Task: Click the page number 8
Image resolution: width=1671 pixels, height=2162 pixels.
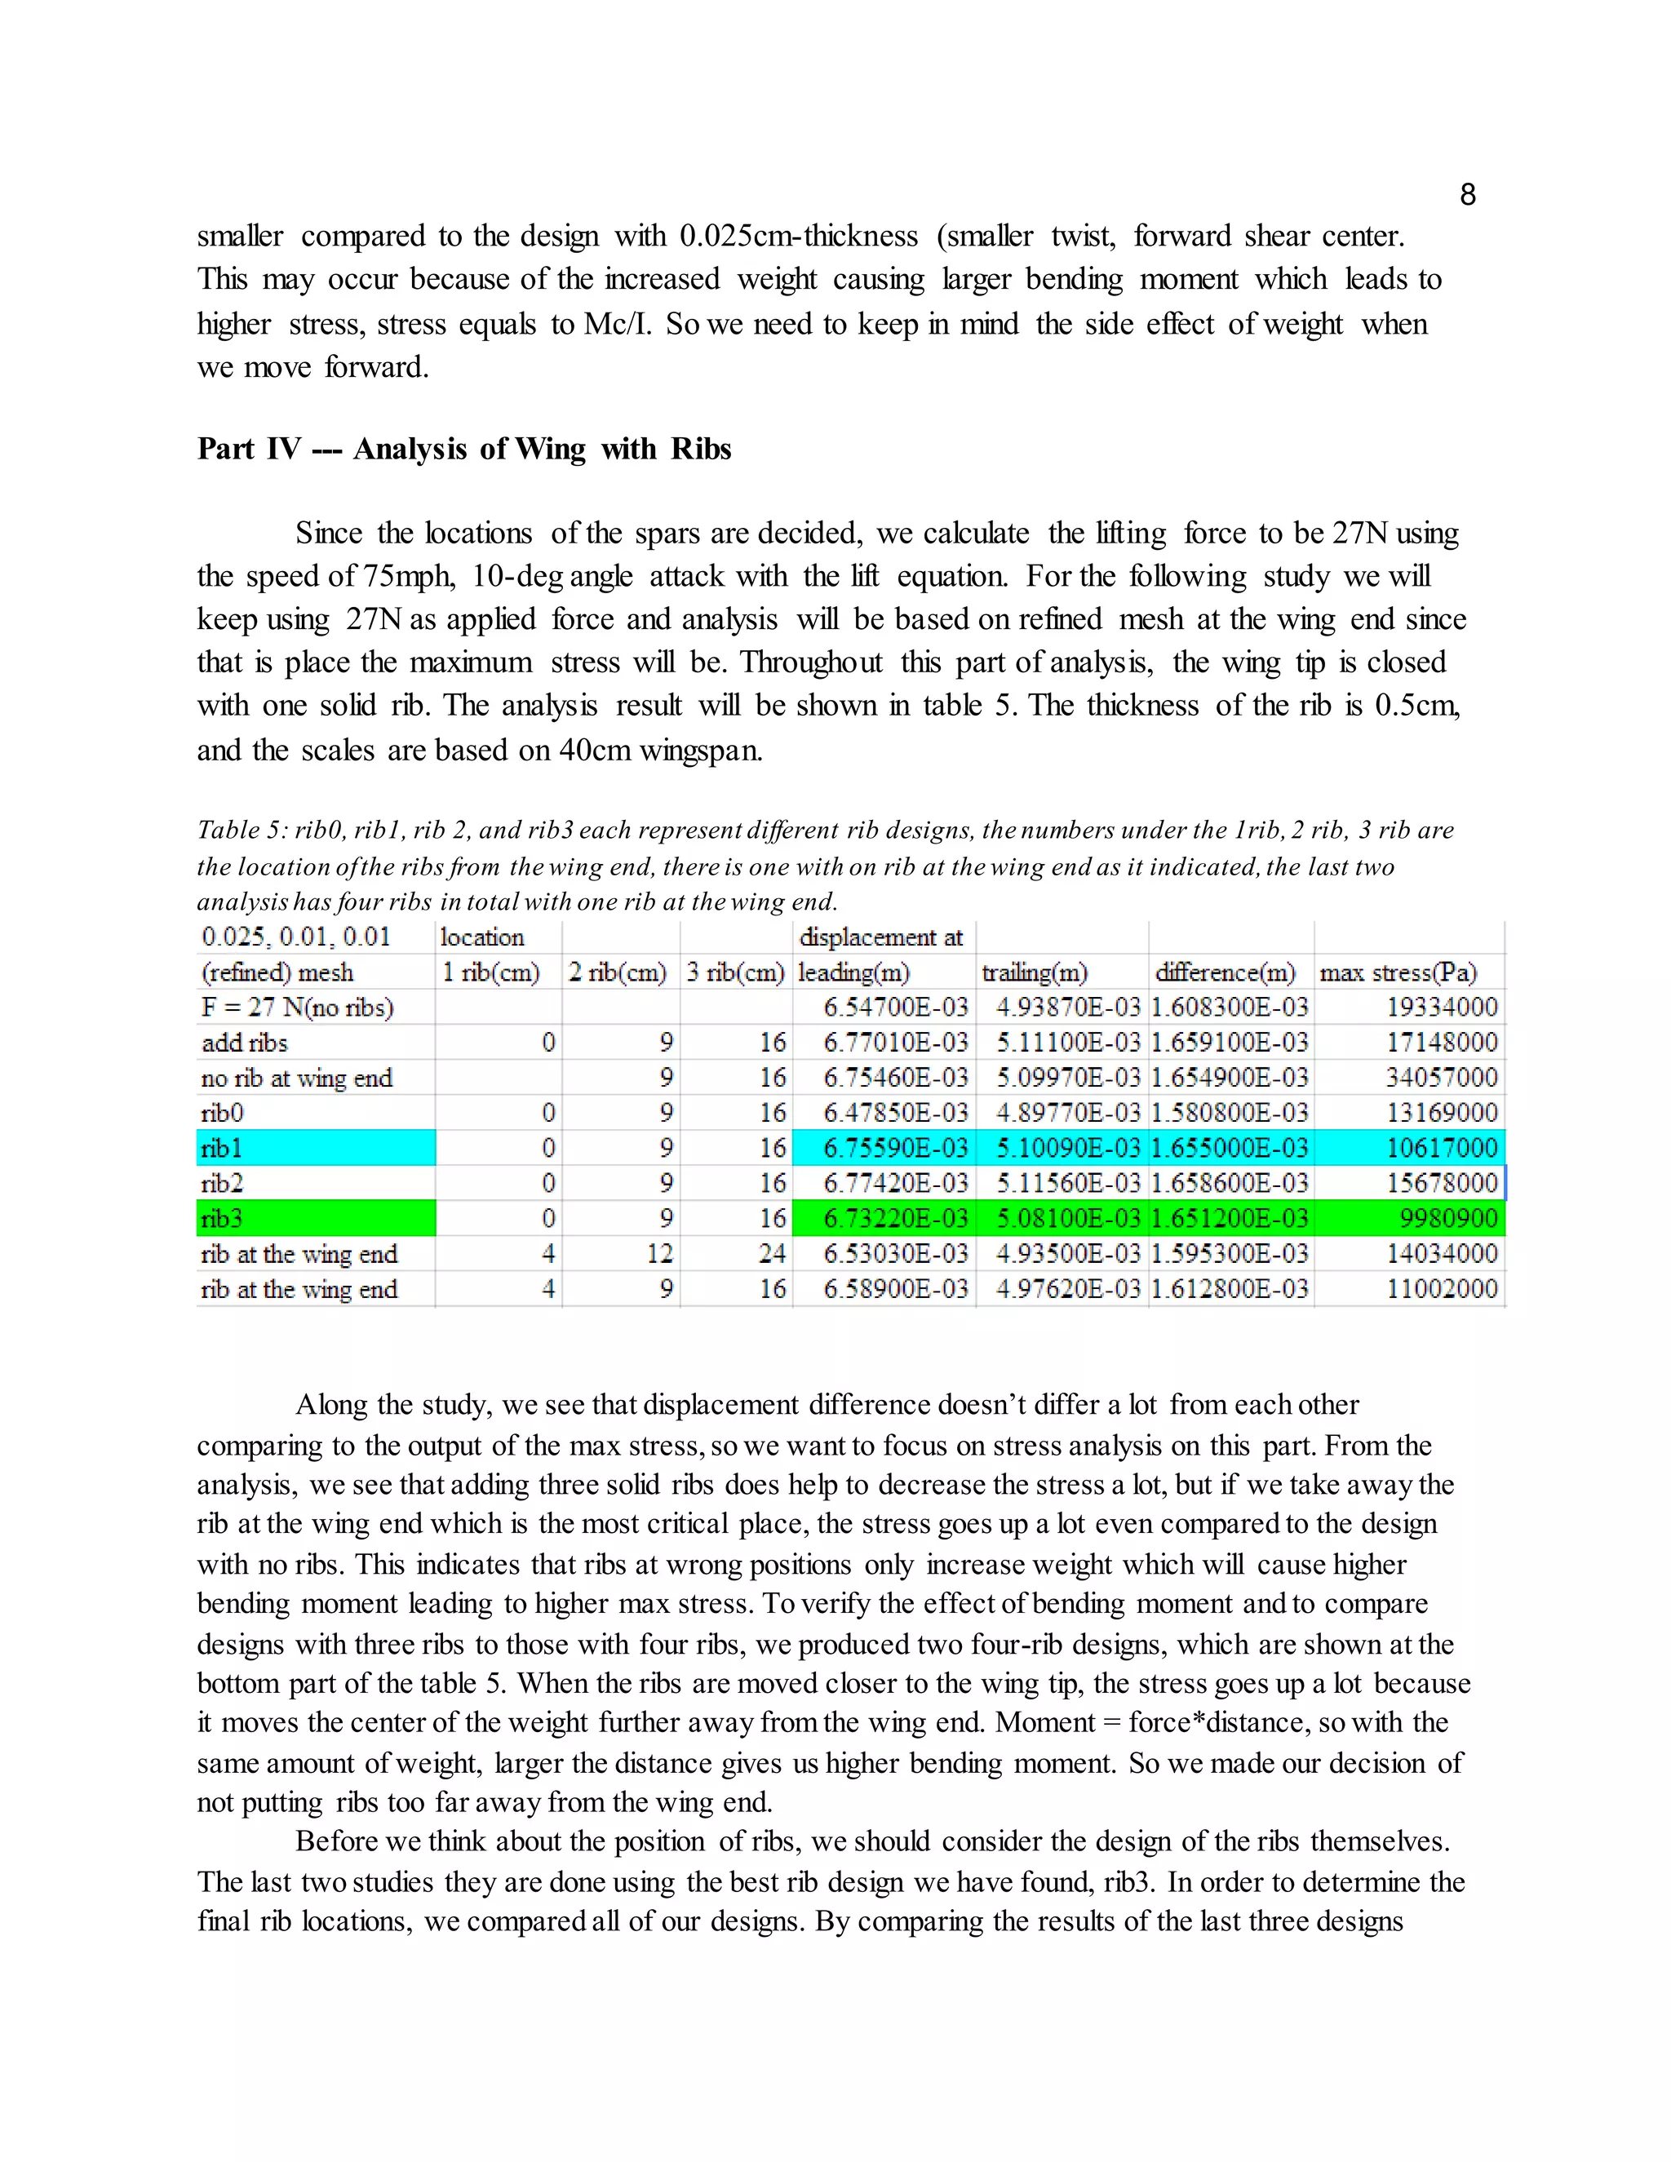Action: pos(1467,195)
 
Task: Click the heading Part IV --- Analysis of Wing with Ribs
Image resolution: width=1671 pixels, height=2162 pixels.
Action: pos(463,449)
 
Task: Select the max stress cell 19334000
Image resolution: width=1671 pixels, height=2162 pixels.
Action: pos(1442,1007)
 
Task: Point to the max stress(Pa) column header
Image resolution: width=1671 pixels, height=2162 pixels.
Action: pos(1398,972)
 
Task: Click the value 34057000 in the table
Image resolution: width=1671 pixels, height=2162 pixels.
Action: pos(1442,1077)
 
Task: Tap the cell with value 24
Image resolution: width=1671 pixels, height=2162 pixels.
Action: pos(771,1253)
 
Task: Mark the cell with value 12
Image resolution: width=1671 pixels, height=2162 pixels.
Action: pos(659,1253)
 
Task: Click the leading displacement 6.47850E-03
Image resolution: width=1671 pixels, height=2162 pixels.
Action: pos(895,1113)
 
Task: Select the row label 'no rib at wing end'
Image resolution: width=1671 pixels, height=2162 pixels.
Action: pos(296,1077)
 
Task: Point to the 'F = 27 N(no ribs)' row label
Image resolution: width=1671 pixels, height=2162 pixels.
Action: pos(297,1007)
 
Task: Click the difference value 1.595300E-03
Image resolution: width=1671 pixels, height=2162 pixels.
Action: pos(1229,1253)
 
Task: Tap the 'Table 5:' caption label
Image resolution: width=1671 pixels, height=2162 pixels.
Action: pos(242,830)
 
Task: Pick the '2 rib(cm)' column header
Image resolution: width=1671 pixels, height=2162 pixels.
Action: pos(618,972)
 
